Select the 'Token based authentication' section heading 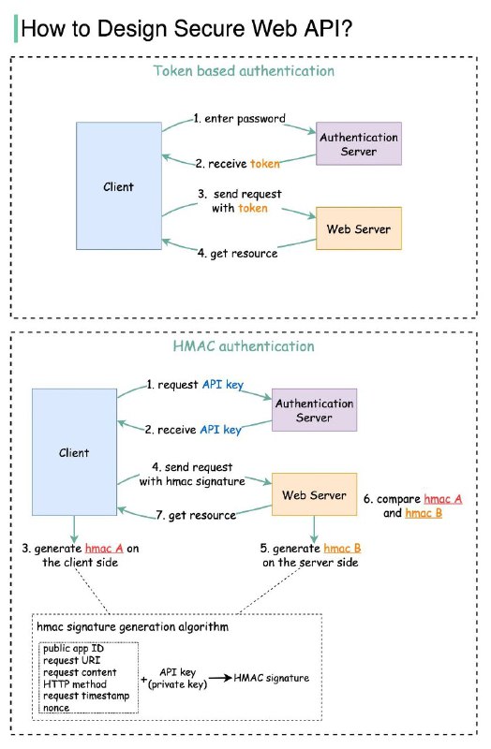(244, 70)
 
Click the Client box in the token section (118, 186)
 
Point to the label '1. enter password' (239, 119)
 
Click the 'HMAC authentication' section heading (244, 346)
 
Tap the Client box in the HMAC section (74, 452)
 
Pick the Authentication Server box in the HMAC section (315, 410)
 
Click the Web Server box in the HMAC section (315, 495)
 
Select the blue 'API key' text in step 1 (221, 384)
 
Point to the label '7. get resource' (196, 515)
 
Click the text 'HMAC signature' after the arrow (272, 677)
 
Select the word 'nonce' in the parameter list (57, 708)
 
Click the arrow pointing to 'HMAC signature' (218, 677)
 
